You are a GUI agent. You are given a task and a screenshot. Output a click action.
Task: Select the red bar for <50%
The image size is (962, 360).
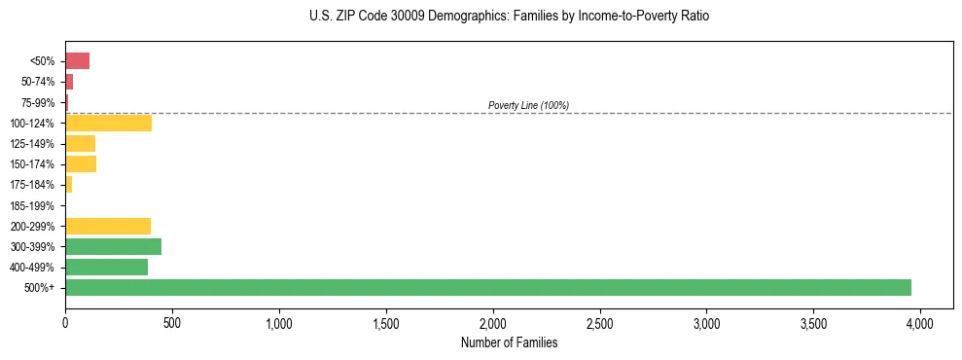coord(77,61)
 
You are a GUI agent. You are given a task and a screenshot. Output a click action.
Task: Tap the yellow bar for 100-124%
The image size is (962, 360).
coord(108,123)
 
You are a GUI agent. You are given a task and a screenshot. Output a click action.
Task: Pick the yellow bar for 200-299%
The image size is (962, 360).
coord(108,226)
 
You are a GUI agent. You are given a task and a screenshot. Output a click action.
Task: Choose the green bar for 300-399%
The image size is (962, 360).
coord(113,246)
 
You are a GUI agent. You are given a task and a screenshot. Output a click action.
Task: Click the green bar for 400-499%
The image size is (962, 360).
coord(106,267)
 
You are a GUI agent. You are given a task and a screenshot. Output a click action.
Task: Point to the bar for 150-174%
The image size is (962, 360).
coord(81,163)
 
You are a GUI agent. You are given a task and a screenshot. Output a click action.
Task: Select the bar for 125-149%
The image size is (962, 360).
coord(80,143)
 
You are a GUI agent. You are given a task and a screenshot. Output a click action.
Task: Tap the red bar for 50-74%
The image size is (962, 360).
coord(69,82)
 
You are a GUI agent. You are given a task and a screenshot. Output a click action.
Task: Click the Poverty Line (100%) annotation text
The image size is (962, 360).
coord(528,105)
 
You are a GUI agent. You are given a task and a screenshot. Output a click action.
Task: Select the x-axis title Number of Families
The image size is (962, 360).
coord(509,342)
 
